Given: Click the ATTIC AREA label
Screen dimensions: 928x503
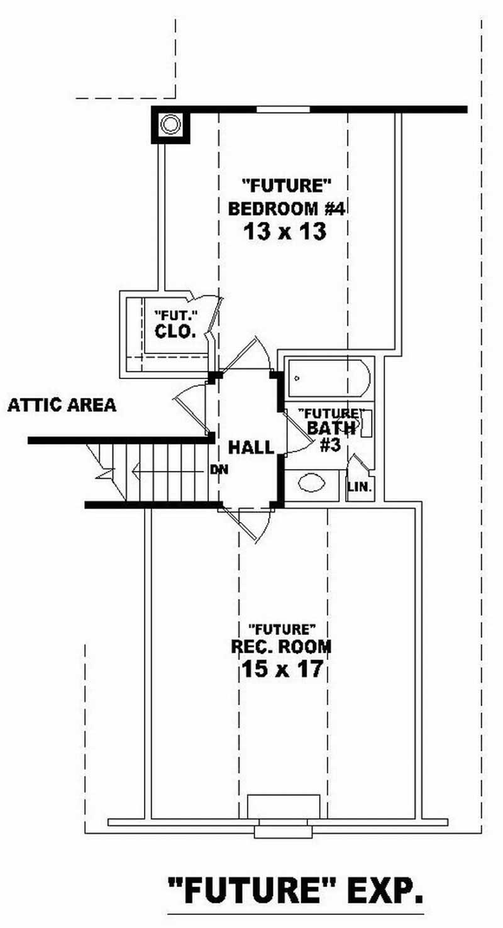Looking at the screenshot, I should click(x=62, y=406).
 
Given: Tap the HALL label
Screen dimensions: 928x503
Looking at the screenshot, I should click(x=250, y=448).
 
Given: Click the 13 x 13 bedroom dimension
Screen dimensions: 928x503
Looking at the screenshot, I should click(x=284, y=231).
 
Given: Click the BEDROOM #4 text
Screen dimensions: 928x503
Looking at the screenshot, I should click(x=287, y=208).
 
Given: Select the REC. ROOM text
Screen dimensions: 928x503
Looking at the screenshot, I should click(x=282, y=646).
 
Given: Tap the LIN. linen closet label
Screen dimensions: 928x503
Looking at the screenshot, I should click(x=360, y=487).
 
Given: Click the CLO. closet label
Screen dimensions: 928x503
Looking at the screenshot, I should click(x=175, y=331).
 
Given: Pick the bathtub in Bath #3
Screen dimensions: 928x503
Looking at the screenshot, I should click(x=328, y=377).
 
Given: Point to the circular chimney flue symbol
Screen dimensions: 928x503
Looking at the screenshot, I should click(x=170, y=124).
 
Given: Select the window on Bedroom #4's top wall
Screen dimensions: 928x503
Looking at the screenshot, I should click(x=283, y=109).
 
